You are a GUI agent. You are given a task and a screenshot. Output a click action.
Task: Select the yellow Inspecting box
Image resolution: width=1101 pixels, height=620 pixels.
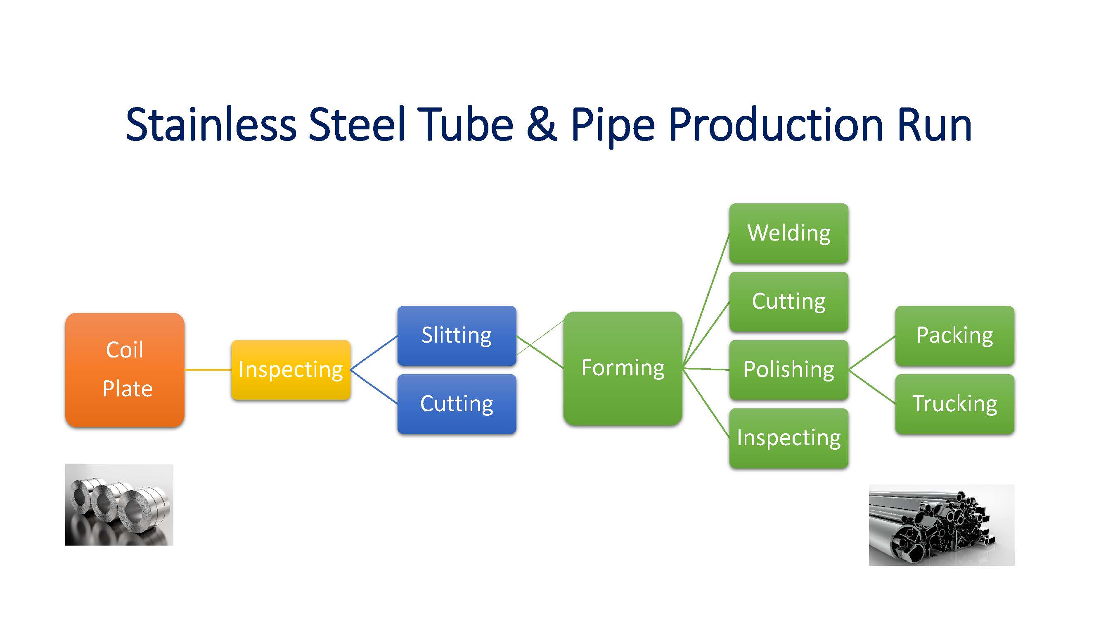point(291,370)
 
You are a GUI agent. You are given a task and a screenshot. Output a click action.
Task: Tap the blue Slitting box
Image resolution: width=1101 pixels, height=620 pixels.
point(457,336)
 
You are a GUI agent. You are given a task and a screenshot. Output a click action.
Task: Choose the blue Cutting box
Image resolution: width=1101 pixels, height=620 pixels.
point(457,404)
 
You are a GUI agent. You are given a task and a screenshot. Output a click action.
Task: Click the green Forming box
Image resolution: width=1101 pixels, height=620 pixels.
point(623,368)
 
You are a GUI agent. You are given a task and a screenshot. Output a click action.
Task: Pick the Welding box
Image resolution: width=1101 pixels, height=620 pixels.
point(788,233)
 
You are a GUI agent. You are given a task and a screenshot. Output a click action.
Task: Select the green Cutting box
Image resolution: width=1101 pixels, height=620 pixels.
point(788,301)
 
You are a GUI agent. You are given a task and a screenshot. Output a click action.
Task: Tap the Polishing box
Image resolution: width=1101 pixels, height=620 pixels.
point(788,370)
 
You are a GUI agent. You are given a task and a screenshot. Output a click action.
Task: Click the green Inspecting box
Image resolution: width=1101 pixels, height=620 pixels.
point(788,438)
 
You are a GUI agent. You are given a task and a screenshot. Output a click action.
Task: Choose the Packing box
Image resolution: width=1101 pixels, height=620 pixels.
point(954,336)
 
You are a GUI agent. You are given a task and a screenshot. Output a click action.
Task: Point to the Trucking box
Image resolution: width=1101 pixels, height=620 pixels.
point(954,404)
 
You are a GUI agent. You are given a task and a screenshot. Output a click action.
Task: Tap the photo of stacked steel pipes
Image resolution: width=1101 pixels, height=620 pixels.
point(941,525)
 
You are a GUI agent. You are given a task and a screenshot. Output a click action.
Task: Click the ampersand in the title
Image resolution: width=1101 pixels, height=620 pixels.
point(542,124)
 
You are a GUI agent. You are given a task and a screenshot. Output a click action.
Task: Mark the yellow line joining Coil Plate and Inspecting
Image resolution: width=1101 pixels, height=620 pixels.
point(208,370)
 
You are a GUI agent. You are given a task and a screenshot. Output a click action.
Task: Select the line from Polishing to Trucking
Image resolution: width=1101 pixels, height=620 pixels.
point(872,387)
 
